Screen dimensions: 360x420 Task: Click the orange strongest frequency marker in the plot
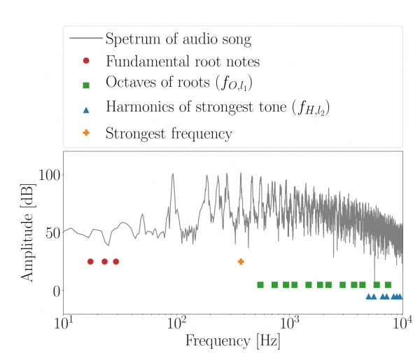click(241, 261)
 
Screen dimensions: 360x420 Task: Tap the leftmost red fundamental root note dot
click(90, 261)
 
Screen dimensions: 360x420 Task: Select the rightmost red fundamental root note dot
click(115, 261)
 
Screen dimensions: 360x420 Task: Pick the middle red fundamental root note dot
click(104, 261)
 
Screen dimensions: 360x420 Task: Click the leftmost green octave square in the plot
click(260, 284)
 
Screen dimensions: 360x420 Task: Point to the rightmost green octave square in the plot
click(388, 284)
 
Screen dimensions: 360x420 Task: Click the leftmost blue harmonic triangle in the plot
click(368, 296)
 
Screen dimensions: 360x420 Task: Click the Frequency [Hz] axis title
click(232, 342)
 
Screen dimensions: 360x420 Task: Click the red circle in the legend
click(85, 61)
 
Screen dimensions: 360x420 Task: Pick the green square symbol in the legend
click(85, 85)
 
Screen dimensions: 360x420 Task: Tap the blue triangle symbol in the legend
click(85, 109)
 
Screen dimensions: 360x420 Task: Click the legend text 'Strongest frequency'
click(169, 132)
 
